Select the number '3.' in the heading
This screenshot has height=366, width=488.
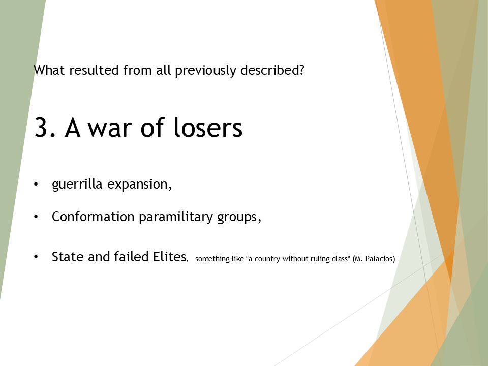click(46, 128)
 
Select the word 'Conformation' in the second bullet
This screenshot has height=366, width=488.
click(93, 217)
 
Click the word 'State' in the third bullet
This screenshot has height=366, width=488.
click(68, 257)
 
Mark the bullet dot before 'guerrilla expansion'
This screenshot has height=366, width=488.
click(36, 185)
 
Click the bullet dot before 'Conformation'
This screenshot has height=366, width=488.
click(36, 217)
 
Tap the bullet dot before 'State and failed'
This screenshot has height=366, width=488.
click(36, 257)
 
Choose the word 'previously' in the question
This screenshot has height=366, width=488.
click(198, 70)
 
